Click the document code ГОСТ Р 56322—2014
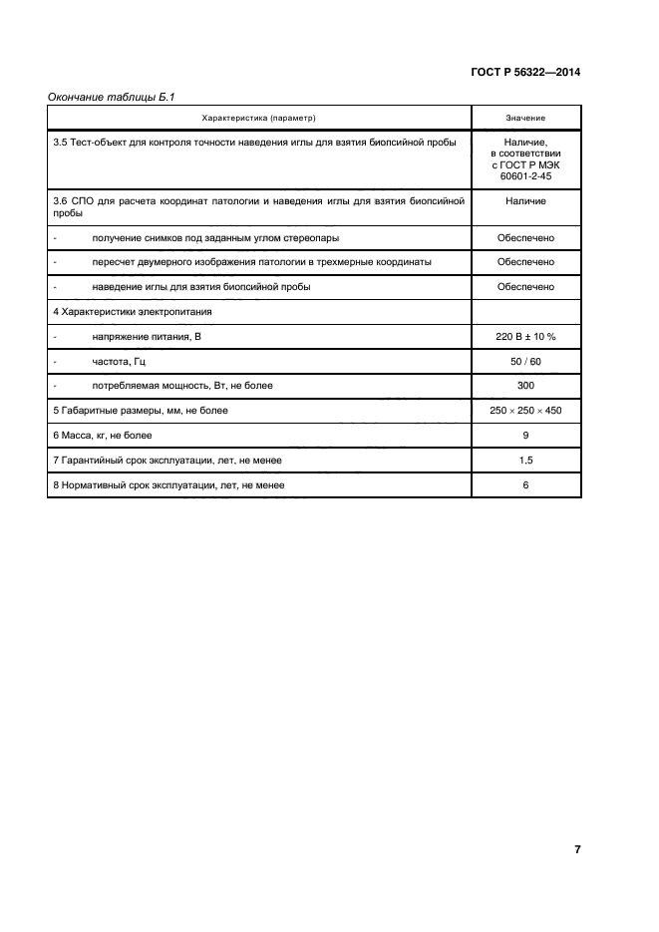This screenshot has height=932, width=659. tap(524, 73)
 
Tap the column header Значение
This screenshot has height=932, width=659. tap(525, 119)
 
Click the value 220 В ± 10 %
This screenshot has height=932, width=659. tap(525, 337)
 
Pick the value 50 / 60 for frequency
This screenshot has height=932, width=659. tap(525, 361)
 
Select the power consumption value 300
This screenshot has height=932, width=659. tap(525, 386)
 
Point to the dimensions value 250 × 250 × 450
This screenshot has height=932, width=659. tap(525, 411)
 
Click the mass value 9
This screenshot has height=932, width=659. tap(525, 436)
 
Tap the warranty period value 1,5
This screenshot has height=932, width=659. tap(525, 461)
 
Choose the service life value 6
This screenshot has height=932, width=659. tap(525, 485)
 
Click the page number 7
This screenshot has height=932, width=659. tap(577, 849)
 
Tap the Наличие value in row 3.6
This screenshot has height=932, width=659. tap(525, 200)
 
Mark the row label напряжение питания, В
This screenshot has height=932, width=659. tap(147, 337)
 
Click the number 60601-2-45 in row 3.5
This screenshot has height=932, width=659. tap(525, 175)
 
